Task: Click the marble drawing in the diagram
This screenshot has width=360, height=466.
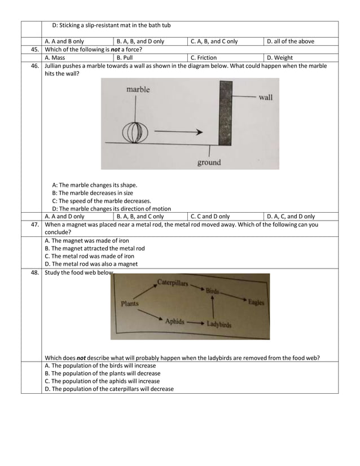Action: [135, 133]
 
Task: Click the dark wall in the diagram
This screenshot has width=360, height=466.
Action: [226, 113]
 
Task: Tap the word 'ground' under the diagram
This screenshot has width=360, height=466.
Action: [209, 163]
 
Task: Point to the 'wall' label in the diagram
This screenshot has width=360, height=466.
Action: [265, 98]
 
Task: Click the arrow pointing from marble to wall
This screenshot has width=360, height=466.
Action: [178, 133]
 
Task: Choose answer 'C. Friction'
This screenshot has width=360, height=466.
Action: [203, 58]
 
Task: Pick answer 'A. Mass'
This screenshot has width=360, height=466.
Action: [55, 58]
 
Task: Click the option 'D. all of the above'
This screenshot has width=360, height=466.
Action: [291, 41]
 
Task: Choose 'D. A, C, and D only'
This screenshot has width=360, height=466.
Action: [291, 216]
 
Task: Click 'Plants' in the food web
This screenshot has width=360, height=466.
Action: [130, 304]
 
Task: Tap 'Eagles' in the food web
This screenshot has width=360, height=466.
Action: [256, 302]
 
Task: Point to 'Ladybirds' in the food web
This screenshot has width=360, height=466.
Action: [218, 324]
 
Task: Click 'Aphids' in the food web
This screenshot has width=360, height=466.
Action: [174, 321]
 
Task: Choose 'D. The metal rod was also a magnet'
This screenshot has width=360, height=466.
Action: [91, 264]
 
